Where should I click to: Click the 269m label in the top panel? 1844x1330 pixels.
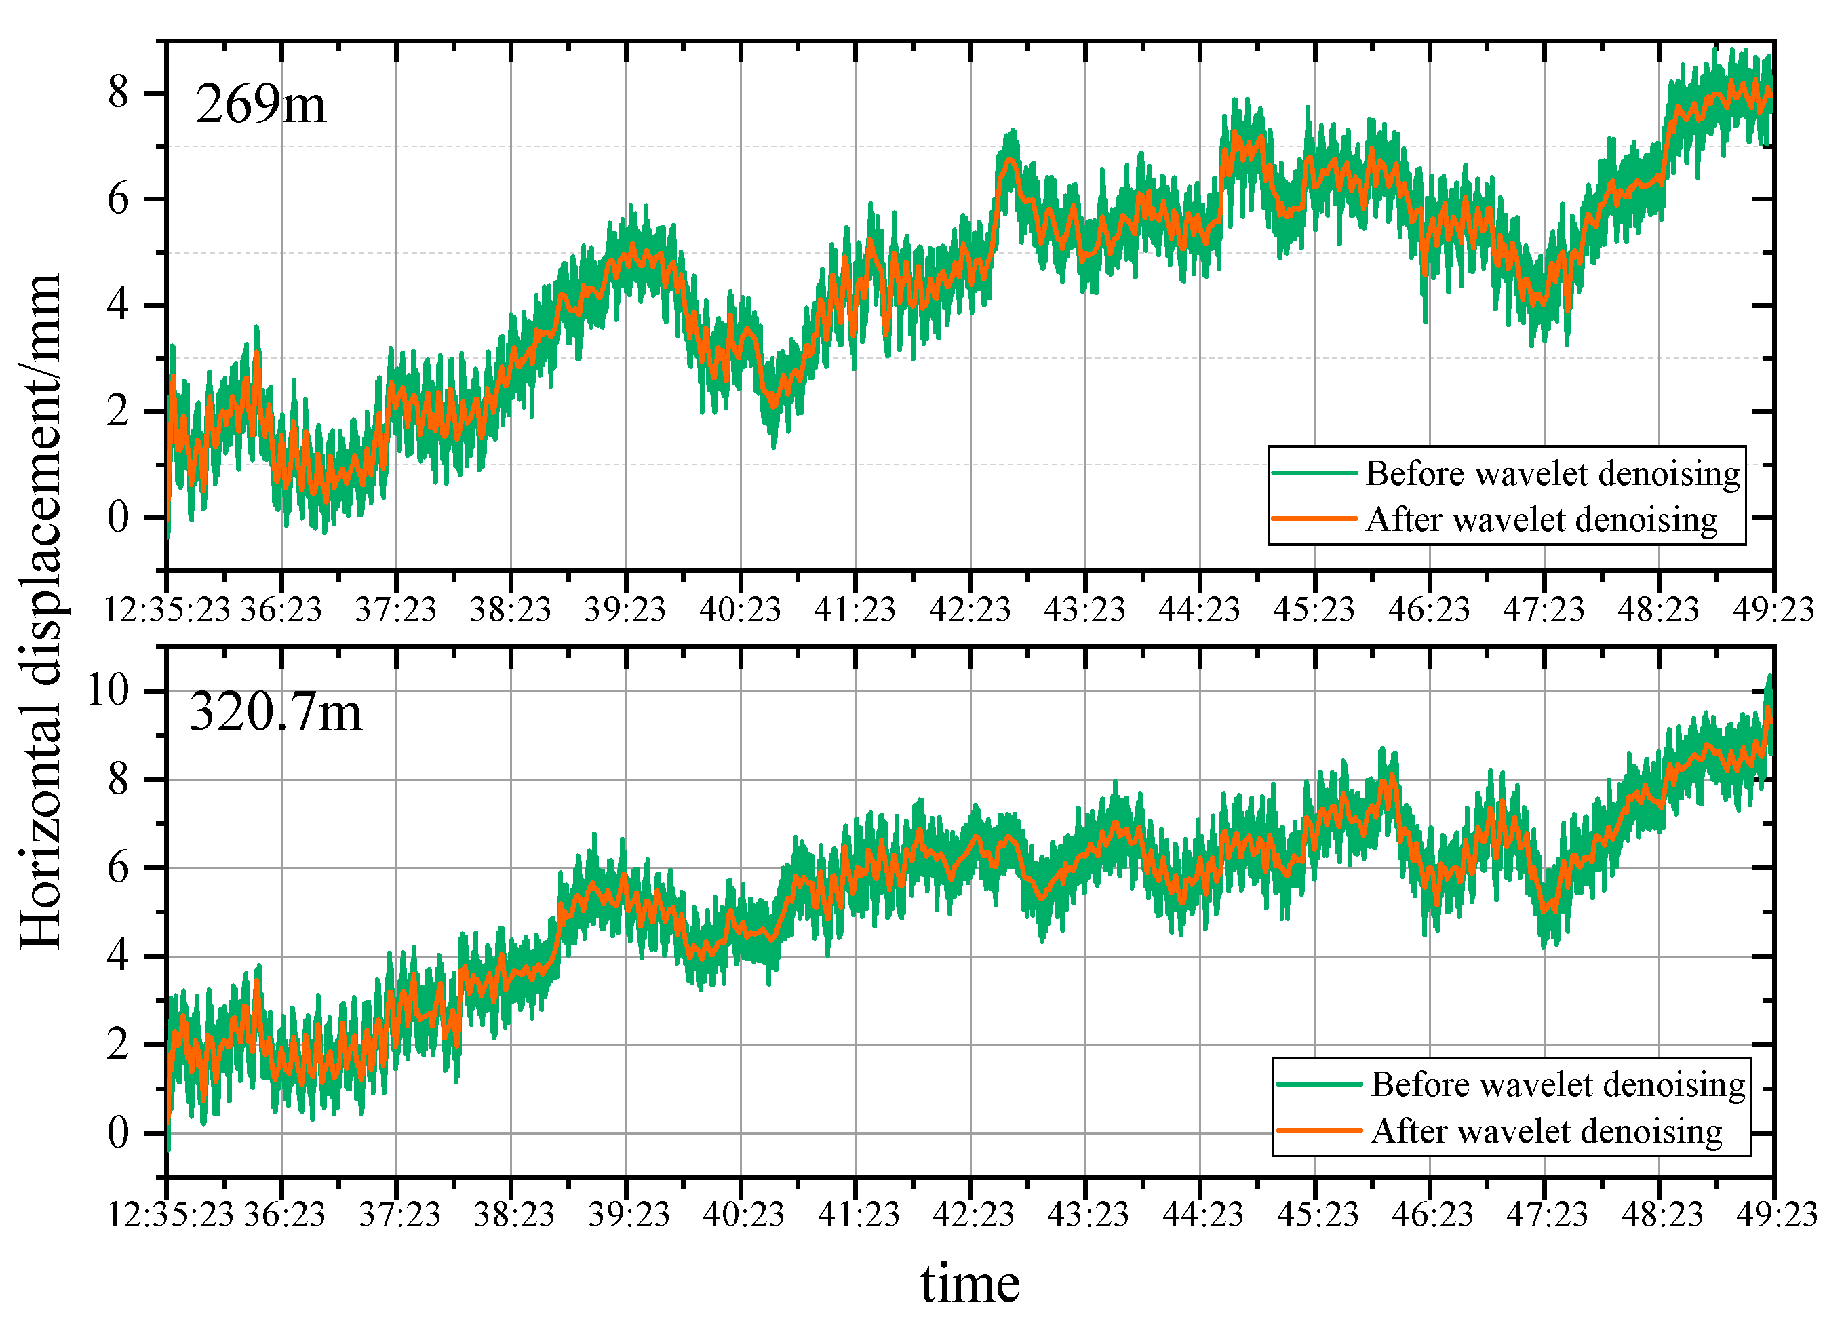tap(260, 105)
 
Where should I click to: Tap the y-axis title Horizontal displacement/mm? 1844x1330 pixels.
tap(41, 610)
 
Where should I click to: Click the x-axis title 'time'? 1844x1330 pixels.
tap(969, 1284)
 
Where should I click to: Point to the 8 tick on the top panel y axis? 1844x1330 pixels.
tap(119, 93)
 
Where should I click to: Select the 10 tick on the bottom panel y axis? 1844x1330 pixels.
tap(107, 691)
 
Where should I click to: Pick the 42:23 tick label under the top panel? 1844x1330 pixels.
tap(969, 609)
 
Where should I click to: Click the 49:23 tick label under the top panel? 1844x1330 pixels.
tap(1773, 609)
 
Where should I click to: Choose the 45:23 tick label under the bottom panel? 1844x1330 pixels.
tap(1317, 1215)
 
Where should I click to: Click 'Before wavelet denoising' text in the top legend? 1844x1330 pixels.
tap(1551, 473)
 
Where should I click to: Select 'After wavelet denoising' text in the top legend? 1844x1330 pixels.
tap(1541, 520)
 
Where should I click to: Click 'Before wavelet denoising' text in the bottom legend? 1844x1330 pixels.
tap(1557, 1084)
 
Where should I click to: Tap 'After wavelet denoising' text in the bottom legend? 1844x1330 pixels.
tap(1546, 1131)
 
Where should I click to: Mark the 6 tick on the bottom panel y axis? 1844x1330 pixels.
tap(119, 868)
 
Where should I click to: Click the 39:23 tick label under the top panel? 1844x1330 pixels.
tap(625, 609)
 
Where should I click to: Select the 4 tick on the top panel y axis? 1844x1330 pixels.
tap(119, 306)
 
